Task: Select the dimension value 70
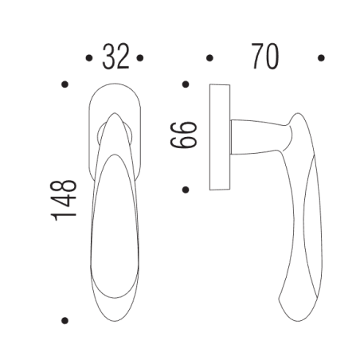click(x=265, y=57)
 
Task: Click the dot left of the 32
click(x=86, y=57)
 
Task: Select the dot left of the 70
click(x=209, y=57)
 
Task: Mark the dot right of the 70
click(x=322, y=57)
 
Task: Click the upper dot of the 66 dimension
click(x=185, y=84)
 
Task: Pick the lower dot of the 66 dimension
click(x=185, y=190)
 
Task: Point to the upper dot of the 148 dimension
click(x=65, y=84)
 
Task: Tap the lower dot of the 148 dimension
click(x=65, y=320)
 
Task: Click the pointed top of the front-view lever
click(x=112, y=115)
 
